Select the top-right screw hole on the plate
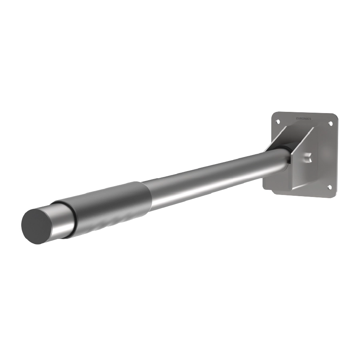coord(330,124)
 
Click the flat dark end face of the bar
coord(38,226)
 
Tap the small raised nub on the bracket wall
coord(308,156)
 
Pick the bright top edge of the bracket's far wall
coord(282,134)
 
